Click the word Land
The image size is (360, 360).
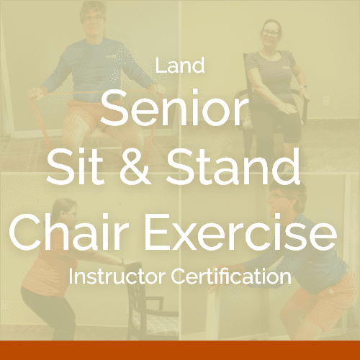pyautogui.click(x=180, y=66)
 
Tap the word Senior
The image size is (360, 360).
pyautogui.click(x=174, y=107)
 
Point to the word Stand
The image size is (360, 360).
pyautogui.click(x=233, y=166)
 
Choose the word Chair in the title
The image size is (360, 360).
pyautogui.click(x=70, y=231)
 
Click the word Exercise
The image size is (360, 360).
pyautogui.click(x=240, y=232)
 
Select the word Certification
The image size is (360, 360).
pyautogui.click(x=231, y=276)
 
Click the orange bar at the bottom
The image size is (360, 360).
pyautogui.click(x=180, y=350)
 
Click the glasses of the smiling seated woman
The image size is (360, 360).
pyautogui.click(x=271, y=32)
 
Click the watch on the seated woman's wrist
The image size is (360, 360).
pyautogui.click(x=304, y=87)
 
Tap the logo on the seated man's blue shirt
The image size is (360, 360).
pyautogui.click(x=111, y=57)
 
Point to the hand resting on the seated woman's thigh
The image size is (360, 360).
pyautogui.click(x=287, y=109)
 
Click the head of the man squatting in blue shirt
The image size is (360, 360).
pyautogui.click(x=287, y=199)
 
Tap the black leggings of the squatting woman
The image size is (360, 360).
pyautogui.click(x=48, y=312)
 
